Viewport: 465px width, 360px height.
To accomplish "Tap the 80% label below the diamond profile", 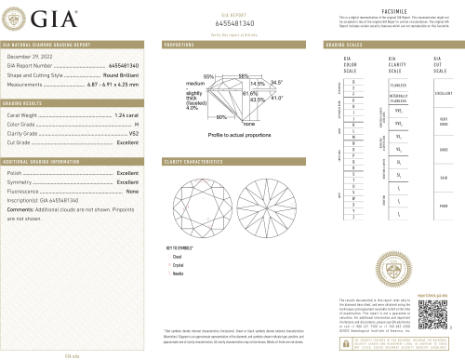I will [x=222, y=118].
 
